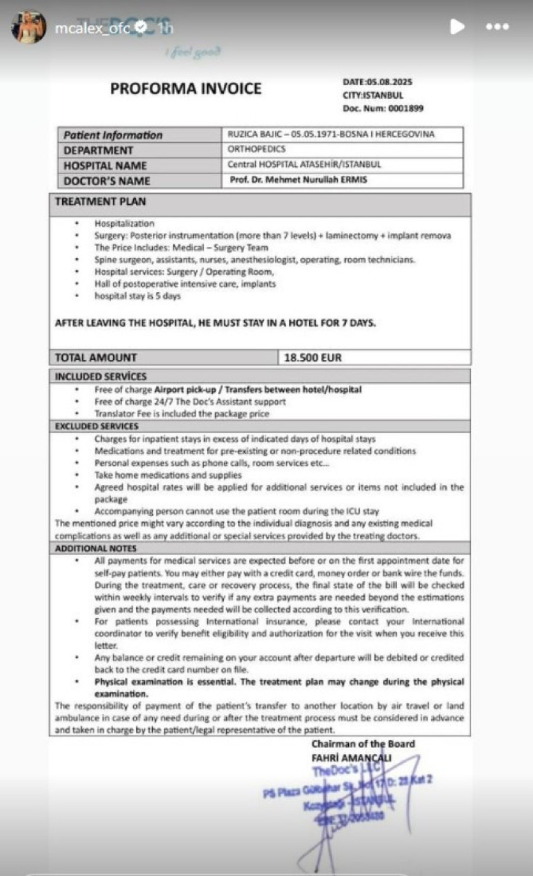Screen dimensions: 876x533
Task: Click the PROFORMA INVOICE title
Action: [185, 89]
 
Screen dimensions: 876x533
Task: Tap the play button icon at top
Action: [457, 27]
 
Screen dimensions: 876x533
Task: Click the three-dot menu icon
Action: [497, 27]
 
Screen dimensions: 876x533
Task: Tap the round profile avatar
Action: [28, 27]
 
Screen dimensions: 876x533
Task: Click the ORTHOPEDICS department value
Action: [256, 149]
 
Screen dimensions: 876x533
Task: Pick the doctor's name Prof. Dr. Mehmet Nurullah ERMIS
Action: [298, 179]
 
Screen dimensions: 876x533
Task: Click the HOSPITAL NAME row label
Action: [105, 166]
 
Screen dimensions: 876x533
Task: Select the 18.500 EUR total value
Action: [313, 358]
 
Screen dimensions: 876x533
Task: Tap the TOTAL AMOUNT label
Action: [96, 358]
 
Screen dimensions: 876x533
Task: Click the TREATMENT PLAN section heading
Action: [100, 202]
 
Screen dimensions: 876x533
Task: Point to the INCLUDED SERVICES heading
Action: [101, 376]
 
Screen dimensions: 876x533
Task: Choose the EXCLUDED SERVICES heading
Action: [97, 426]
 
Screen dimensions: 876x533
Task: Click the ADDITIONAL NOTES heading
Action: [96, 549]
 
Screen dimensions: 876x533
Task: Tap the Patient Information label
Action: [113, 135]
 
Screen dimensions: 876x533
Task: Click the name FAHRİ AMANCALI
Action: [351, 758]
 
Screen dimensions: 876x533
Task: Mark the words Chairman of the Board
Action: [363, 744]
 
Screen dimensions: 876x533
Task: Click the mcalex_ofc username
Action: [92, 28]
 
